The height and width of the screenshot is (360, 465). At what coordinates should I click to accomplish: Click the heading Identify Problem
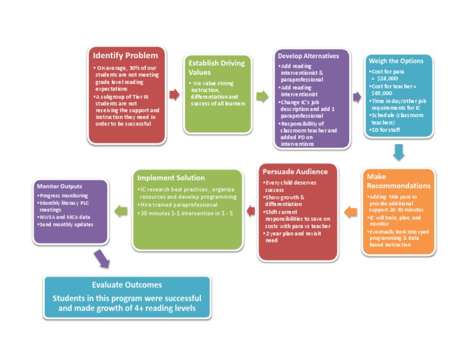[x=125, y=56]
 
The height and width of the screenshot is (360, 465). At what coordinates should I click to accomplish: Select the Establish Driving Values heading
[x=216, y=67]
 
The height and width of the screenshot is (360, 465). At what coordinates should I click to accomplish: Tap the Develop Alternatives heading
[x=308, y=56]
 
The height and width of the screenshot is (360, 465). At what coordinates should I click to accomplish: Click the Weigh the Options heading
[x=392, y=62]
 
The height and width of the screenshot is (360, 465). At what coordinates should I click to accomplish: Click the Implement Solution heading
[x=171, y=178]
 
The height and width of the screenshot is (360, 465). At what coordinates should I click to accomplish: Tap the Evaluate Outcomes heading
[x=127, y=284]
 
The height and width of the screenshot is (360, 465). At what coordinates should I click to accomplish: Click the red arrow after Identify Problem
[x=174, y=95]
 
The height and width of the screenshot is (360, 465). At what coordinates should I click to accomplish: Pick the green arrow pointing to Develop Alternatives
[x=262, y=96]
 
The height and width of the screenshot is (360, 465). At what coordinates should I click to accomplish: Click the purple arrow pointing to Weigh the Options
[x=357, y=97]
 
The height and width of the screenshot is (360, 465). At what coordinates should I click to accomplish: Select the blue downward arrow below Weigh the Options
[x=398, y=152]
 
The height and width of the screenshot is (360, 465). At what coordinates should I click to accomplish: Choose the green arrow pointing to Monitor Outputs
[x=121, y=211]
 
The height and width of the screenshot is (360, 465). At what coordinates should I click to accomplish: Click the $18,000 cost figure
[x=387, y=78]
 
